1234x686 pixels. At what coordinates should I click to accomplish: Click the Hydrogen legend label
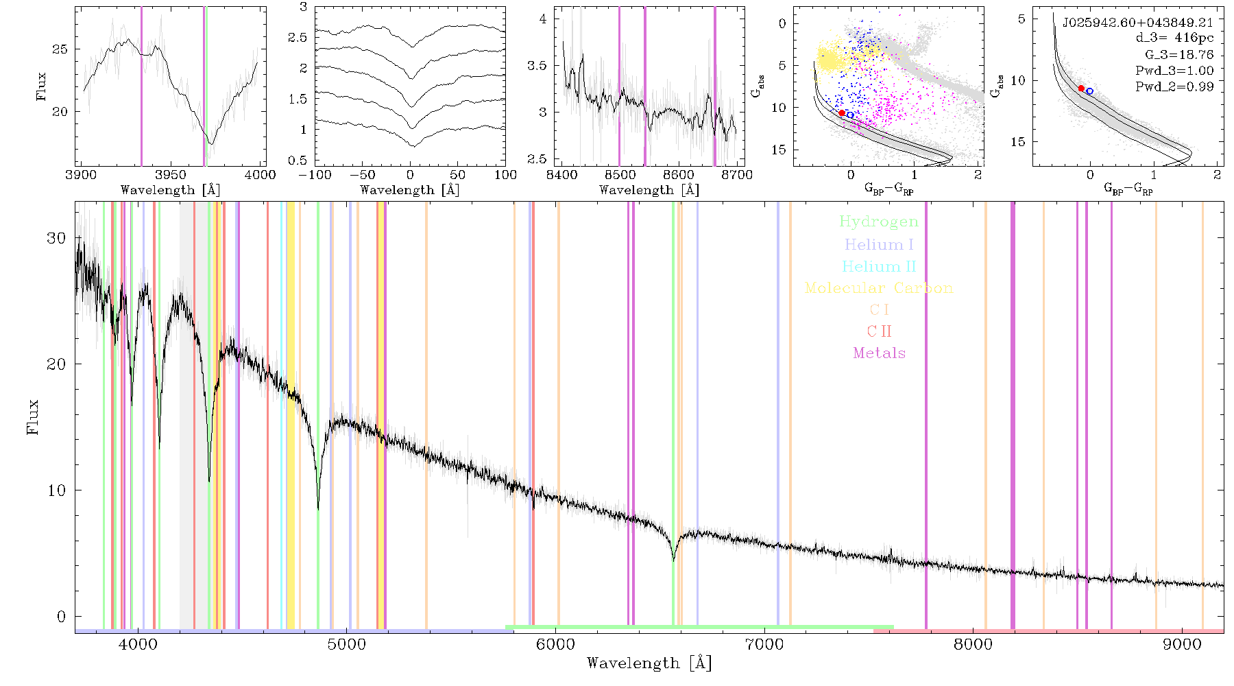(x=879, y=222)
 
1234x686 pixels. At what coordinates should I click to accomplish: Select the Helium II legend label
(x=879, y=266)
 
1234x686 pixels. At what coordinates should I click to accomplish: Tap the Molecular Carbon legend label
(x=879, y=288)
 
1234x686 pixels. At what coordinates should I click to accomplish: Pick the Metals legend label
(x=879, y=353)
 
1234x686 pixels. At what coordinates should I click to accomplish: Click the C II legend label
(x=879, y=331)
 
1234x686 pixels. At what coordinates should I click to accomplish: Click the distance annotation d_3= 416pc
(x=1165, y=38)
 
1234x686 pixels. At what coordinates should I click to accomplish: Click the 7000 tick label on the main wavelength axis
(x=764, y=644)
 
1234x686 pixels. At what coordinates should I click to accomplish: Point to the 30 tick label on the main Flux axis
(x=56, y=237)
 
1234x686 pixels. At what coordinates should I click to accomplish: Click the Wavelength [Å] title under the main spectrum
(x=649, y=663)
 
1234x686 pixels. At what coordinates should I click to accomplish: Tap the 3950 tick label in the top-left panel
(x=170, y=175)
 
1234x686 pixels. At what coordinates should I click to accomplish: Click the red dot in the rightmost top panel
(x=1081, y=88)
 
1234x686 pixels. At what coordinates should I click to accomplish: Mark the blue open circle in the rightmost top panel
(x=1089, y=91)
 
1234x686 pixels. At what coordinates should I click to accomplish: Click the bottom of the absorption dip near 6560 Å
(x=674, y=560)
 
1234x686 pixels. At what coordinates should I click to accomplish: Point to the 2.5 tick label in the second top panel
(x=298, y=37)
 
